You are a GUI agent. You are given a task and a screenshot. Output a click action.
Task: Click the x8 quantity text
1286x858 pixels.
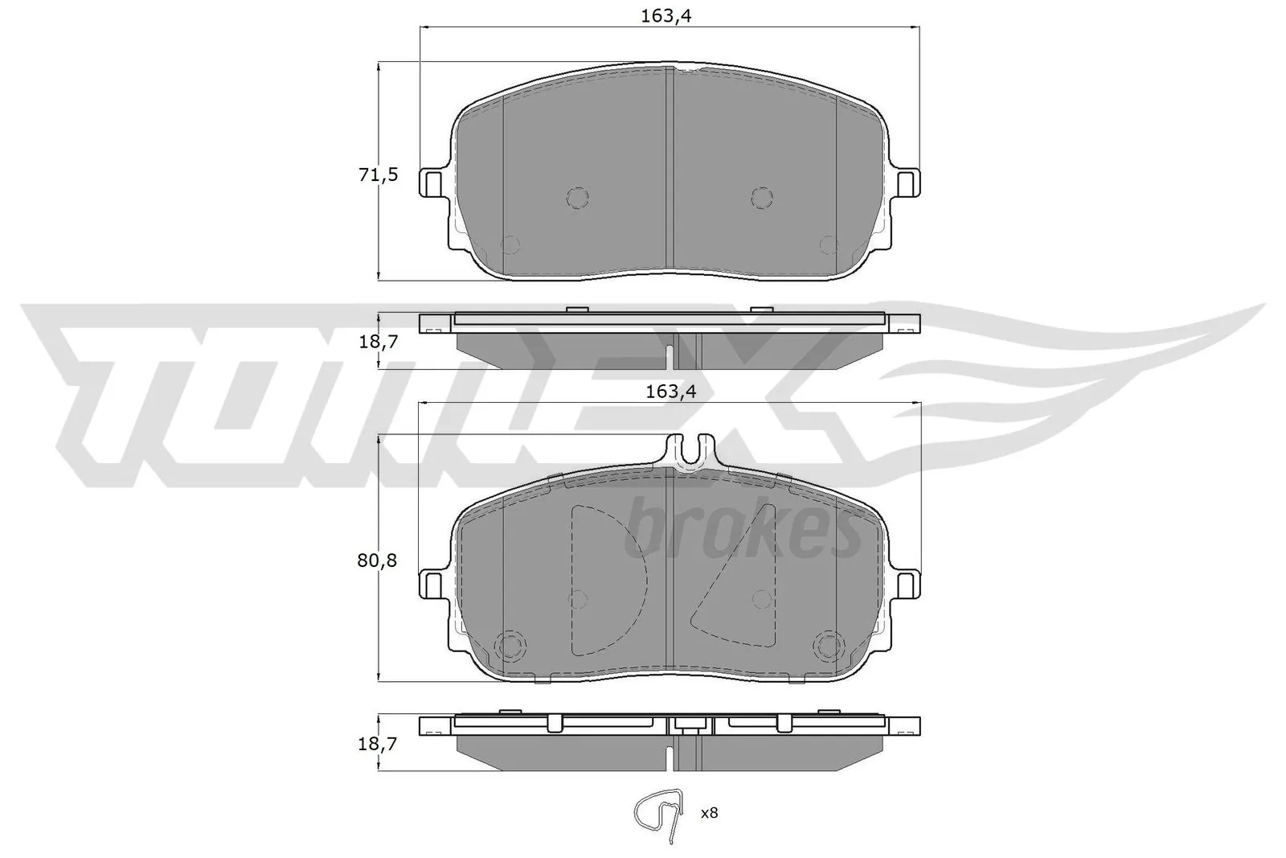pos(708,813)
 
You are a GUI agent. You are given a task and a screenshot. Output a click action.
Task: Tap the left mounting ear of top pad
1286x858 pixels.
pos(432,183)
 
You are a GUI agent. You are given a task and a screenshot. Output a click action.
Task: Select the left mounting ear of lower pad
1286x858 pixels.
pos(432,583)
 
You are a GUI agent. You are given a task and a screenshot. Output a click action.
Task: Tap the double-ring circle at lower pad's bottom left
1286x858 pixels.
pos(510,645)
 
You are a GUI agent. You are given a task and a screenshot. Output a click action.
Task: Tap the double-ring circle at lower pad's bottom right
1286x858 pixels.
pos(827,645)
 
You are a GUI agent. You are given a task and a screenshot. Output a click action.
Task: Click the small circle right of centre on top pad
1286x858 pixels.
pos(761,197)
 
